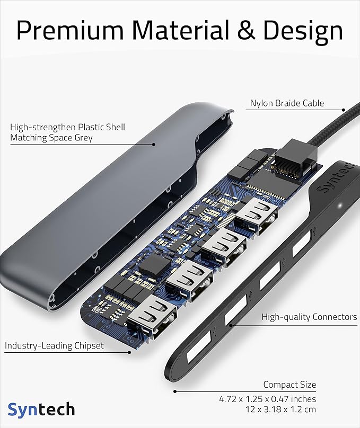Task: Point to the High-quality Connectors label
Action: point(310,317)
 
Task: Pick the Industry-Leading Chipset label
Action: point(54,346)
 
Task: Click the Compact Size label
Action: point(289,385)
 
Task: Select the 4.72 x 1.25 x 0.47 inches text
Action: point(268,398)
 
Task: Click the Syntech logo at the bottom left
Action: point(41,409)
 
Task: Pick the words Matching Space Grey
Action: point(51,138)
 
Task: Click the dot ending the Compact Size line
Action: point(174,391)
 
